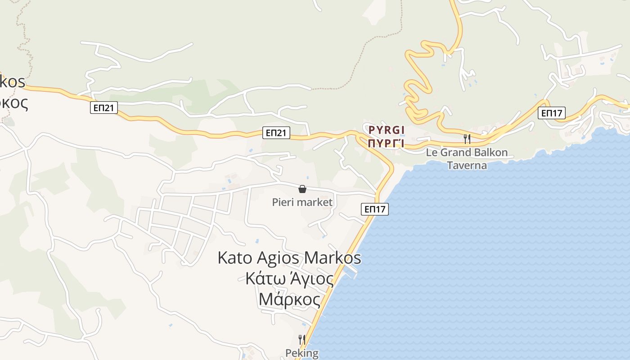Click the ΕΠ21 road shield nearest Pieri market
coord(276,133)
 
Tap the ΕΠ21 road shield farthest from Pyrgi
coord(104,108)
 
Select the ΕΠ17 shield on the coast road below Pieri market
coord(374,209)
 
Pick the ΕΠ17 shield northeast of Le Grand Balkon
coord(552,113)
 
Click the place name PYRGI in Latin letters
coord(387,130)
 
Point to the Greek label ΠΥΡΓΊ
coord(386,144)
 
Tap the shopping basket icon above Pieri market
coord(302,189)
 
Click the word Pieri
coord(284,202)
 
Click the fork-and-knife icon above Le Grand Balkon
coord(467,139)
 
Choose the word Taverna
coord(467,165)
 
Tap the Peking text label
coord(302,353)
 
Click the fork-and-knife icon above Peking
coord(302,340)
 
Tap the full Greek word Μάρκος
coord(289,300)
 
